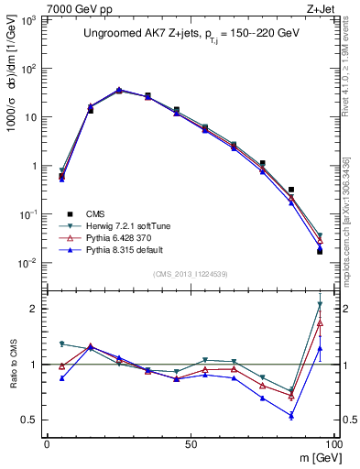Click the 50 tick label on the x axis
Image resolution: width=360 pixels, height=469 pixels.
point(190,442)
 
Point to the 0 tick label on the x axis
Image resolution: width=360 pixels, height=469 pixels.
point(47,442)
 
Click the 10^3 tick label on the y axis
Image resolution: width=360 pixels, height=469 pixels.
point(29,19)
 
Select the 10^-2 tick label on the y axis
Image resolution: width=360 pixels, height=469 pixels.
point(29,263)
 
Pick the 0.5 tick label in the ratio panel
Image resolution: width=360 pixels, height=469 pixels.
point(29,420)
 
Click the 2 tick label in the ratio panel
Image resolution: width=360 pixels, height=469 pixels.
point(34,309)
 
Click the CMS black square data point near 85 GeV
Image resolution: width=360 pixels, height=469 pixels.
point(291,190)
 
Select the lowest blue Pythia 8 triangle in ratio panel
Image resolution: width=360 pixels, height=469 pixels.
point(291,416)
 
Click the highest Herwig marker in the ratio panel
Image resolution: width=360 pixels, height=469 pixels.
point(320,304)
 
